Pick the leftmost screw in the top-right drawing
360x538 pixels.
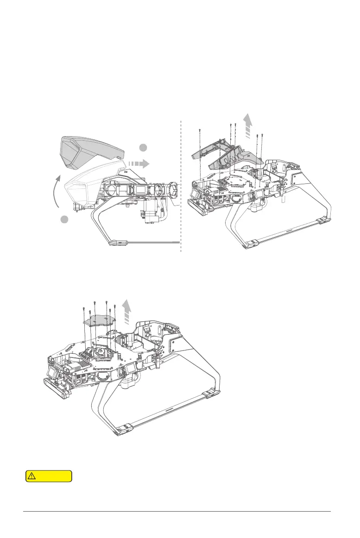[200, 131]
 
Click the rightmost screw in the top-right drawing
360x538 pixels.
[262, 134]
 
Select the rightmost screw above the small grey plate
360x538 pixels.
[114, 307]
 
